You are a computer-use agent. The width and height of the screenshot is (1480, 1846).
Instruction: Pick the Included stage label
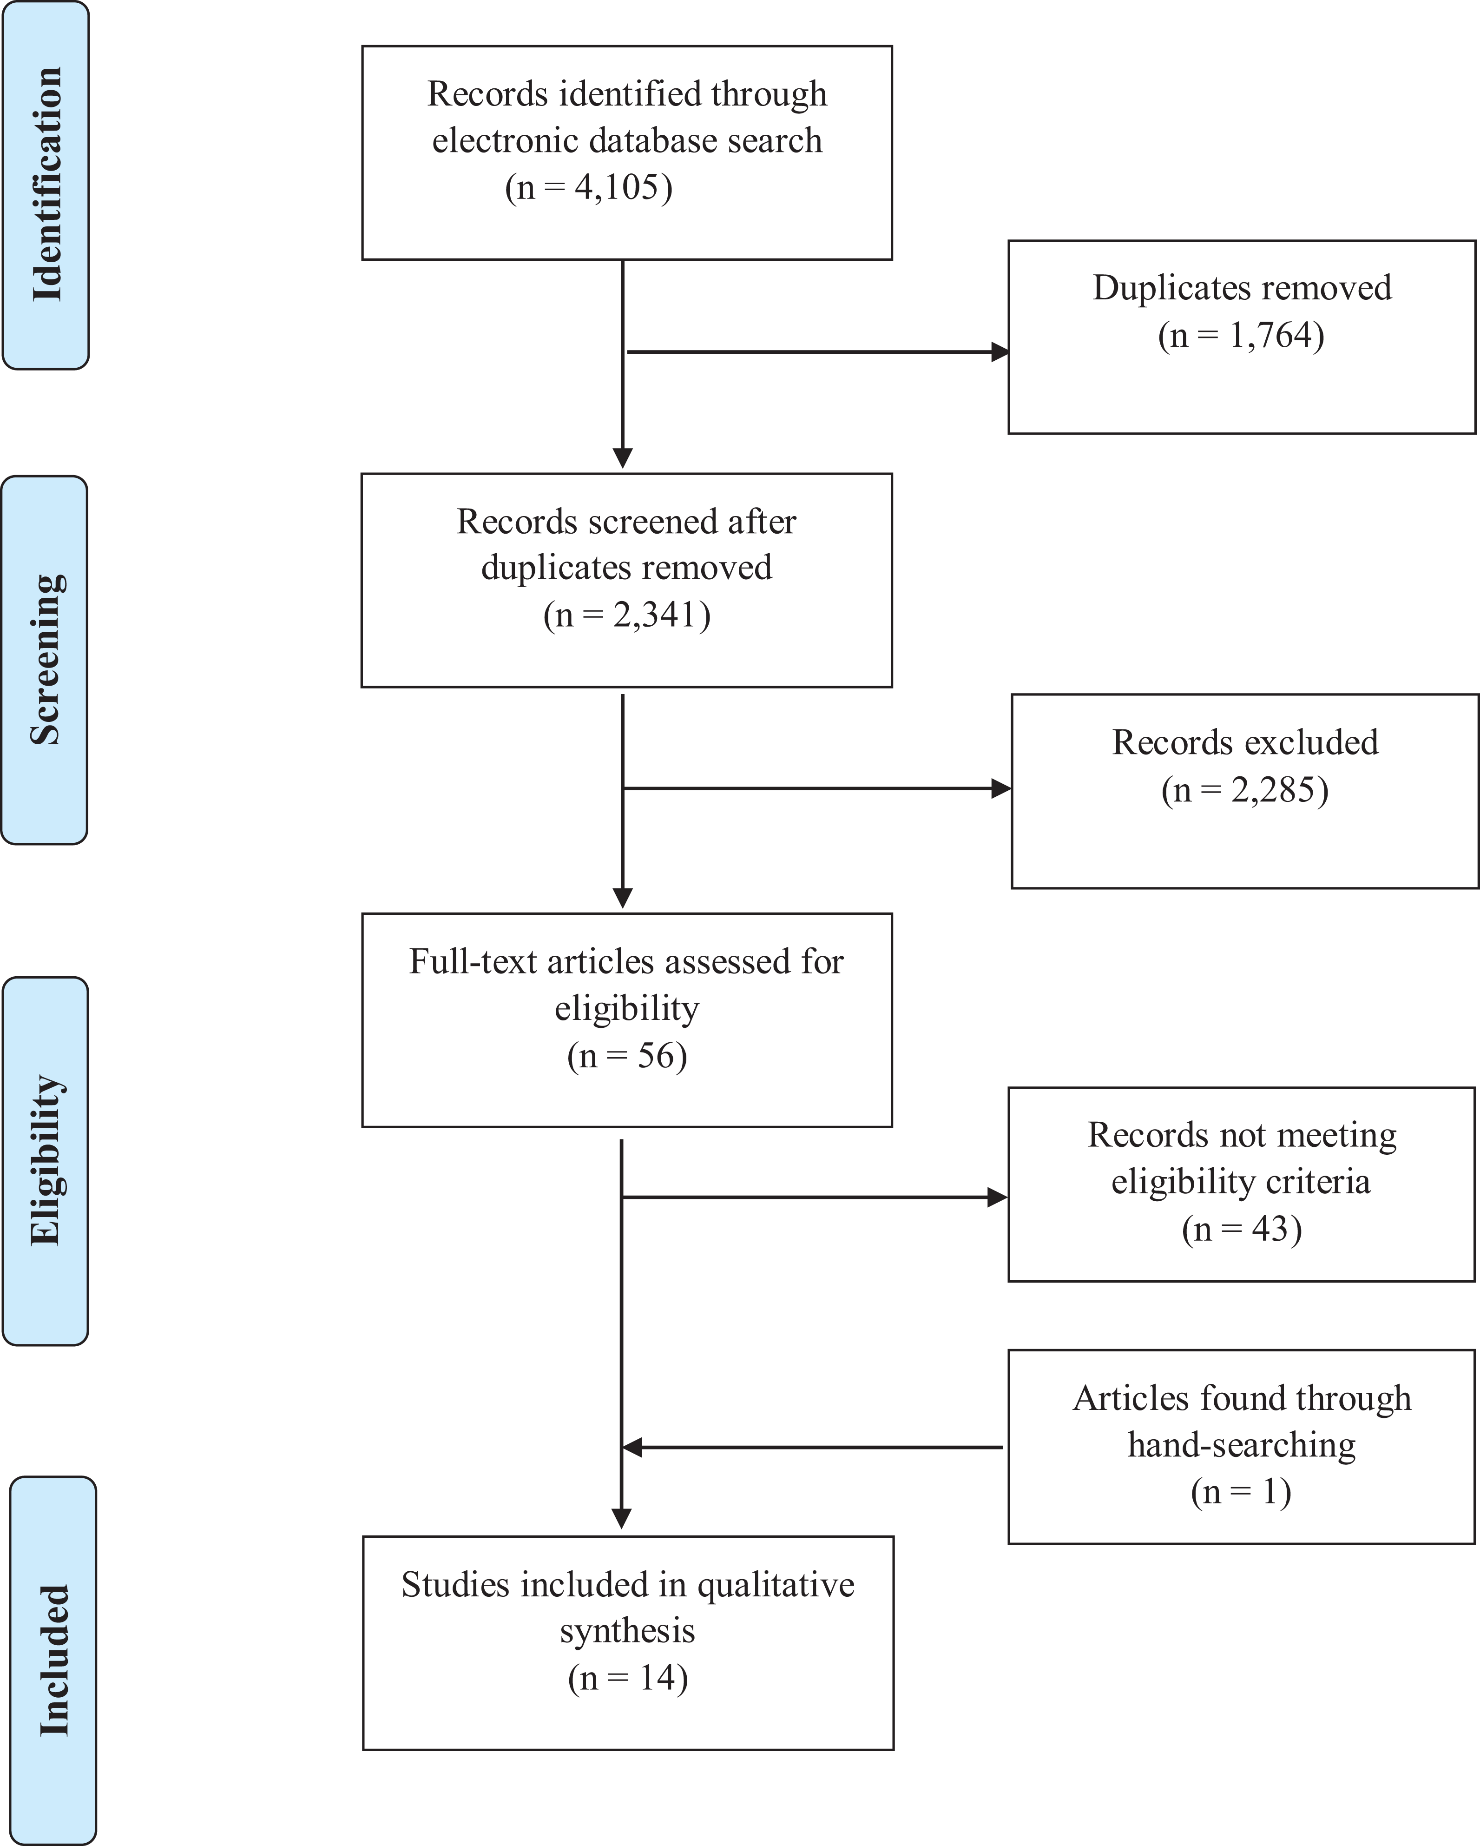(53, 1661)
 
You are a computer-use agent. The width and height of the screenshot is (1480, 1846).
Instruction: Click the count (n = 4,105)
(589, 187)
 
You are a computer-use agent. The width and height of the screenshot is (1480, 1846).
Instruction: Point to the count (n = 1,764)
(1241, 336)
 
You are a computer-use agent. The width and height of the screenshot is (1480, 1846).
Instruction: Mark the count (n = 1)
(1241, 1491)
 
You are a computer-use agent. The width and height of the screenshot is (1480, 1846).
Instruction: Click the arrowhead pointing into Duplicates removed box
(1000, 352)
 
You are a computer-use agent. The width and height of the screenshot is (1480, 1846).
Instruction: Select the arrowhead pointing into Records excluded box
(1001, 788)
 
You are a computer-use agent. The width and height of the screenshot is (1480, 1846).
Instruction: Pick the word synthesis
(627, 1631)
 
